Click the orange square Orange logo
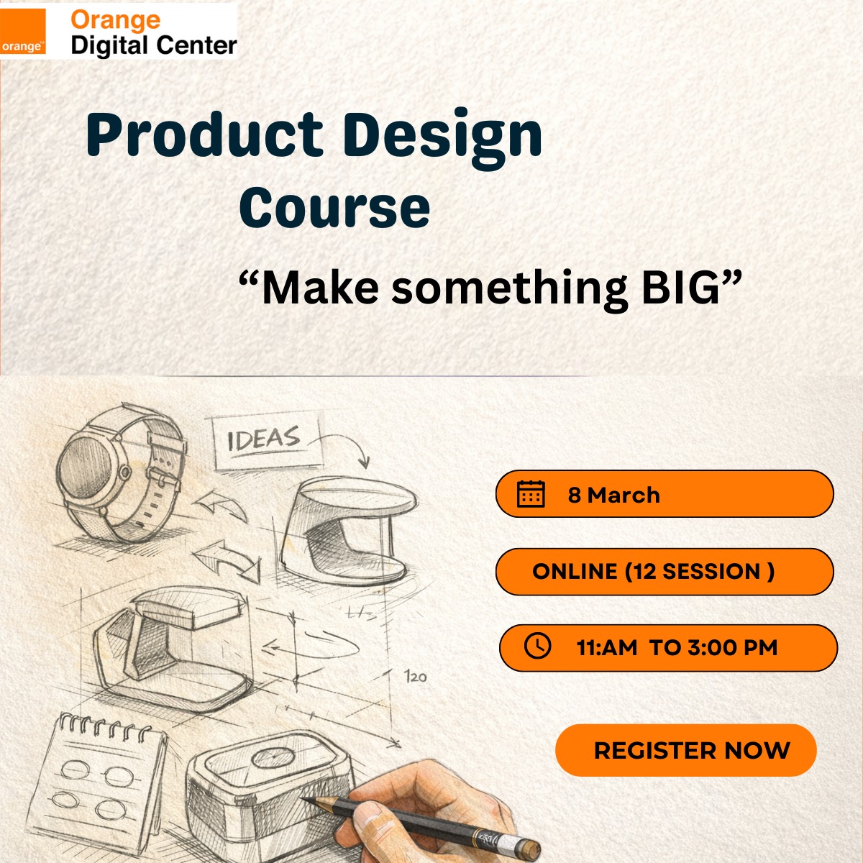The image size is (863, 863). pos(23,32)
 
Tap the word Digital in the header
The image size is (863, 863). pos(109,47)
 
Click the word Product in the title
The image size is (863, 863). pos(205,134)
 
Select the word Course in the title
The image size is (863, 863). pos(334,207)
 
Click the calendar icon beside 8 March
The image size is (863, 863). pos(531,494)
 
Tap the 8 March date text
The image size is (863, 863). pos(614,495)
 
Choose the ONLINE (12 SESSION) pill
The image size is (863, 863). pos(665,572)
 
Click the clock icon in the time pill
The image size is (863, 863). pos(537,645)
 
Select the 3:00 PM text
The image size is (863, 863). pos(733,647)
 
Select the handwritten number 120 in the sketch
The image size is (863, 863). pos(416,676)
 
